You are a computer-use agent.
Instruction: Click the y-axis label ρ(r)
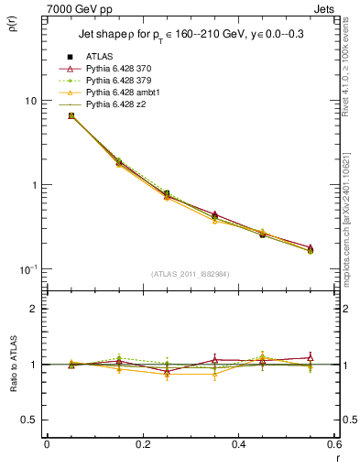15,25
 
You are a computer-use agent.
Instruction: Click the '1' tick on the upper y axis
33,185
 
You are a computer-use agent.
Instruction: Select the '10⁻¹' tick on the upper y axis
27,268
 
